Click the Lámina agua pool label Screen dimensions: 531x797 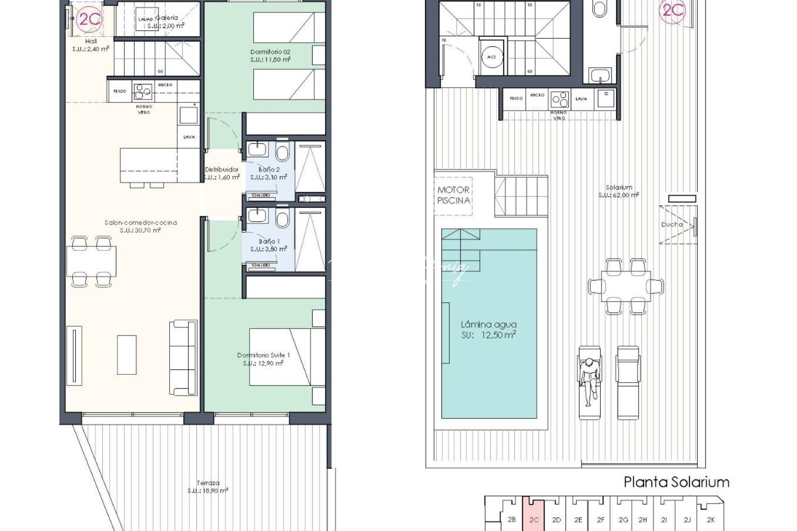pyautogui.click(x=489, y=329)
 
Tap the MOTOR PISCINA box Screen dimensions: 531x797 pyautogui.click(x=453, y=195)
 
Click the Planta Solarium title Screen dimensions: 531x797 pyautogui.click(x=676, y=482)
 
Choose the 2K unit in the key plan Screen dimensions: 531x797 pyautogui.click(x=710, y=519)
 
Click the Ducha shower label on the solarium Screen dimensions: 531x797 pyautogui.click(x=672, y=225)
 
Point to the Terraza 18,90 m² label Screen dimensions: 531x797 pyautogui.click(x=208, y=487)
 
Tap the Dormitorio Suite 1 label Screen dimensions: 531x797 pyautogui.click(x=263, y=359)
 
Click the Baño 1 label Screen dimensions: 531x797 pyautogui.click(x=269, y=245)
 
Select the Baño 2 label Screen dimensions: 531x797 pyautogui.click(x=269, y=173)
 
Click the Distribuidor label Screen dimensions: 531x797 pyautogui.click(x=222, y=173)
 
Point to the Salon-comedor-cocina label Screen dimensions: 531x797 pyautogui.click(x=141, y=226)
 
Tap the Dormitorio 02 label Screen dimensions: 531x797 pyautogui.click(x=270, y=55)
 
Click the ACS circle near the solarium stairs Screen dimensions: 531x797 pyautogui.click(x=491, y=57)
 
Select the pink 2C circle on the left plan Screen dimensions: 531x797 pyautogui.click(x=90, y=19)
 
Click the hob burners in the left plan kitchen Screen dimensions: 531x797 pyautogui.click(x=143, y=91)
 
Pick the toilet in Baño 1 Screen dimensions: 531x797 pyautogui.click(x=282, y=218)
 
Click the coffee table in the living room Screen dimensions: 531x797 pyautogui.click(x=127, y=354)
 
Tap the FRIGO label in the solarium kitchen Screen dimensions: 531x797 pyautogui.click(x=516, y=98)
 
